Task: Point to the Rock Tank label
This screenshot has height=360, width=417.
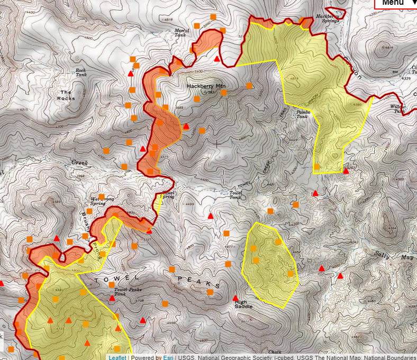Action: point(80,72)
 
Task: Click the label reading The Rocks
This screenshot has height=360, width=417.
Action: point(67,95)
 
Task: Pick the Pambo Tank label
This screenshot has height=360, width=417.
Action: point(303,114)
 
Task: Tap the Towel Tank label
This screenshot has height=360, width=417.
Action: point(235,195)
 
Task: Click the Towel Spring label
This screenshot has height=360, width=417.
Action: point(168,195)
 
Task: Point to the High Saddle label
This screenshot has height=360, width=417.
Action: point(244,304)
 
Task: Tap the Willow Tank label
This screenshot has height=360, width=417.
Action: point(397,109)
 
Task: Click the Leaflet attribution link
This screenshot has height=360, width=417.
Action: point(117,357)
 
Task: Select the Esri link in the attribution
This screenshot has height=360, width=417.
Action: point(167,357)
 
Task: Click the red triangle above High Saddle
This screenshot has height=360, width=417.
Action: point(235,298)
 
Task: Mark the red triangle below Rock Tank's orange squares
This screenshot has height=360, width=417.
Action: point(131,74)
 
